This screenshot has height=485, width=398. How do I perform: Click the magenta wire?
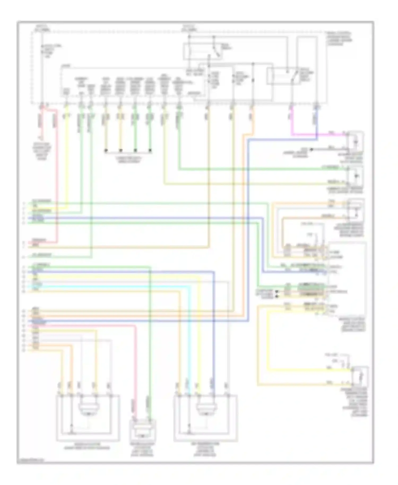click(318, 135)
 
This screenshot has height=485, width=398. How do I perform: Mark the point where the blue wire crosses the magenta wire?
click(317, 135)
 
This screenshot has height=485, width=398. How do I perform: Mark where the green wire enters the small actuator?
click(150, 421)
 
